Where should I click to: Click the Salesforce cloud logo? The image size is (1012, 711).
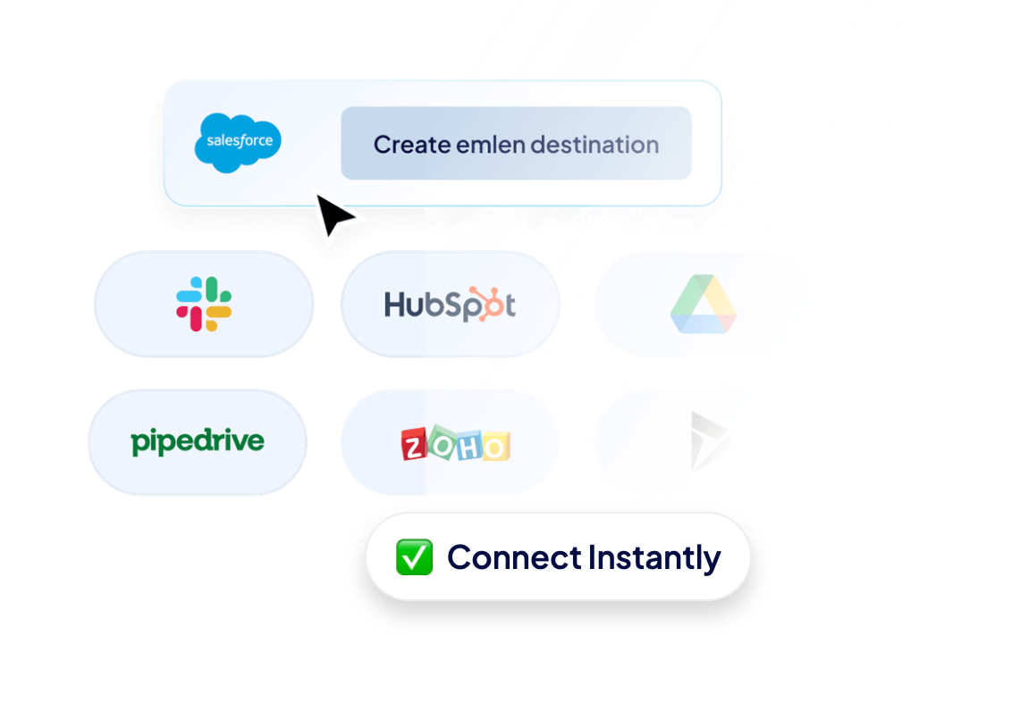tap(238, 141)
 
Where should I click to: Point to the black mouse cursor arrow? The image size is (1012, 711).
tap(333, 215)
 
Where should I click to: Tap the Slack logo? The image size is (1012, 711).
tap(204, 304)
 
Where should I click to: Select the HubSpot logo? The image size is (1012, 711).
tap(450, 305)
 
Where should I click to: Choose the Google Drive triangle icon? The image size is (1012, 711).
tap(704, 305)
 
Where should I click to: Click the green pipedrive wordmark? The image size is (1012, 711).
tap(198, 441)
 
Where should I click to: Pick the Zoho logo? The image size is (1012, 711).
tap(455, 443)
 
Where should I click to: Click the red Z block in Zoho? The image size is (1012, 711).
tap(414, 444)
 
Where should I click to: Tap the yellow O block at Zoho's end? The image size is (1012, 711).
tap(495, 446)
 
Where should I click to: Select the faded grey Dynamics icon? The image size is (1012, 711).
tap(709, 441)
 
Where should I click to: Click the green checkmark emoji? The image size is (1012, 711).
tap(414, 557)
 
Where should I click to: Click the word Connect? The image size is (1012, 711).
tap(514, 557)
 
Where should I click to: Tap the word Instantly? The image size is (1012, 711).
tap(654, 558)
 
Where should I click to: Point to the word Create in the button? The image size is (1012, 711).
tap(412, 145)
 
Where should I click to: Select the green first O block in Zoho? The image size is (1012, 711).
tap(441, 439)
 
